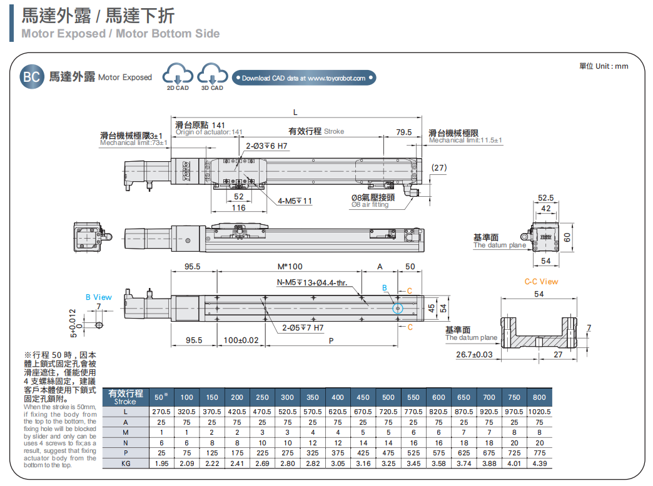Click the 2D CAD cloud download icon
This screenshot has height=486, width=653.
(177, 76)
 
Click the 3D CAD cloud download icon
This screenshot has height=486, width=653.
(212, 76)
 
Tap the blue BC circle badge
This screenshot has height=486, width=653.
(31, 77)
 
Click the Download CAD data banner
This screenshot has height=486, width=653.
(305, 78)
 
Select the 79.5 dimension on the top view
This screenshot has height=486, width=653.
(404, 132)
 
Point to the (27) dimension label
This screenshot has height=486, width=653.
(440, 167)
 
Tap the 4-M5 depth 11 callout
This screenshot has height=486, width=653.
(295, 201)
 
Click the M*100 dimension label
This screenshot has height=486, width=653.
(290, 267)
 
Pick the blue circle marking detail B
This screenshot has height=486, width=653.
(398, 308)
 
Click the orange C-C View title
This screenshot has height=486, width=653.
(541, 282)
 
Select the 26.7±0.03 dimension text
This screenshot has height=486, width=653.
(474, 354)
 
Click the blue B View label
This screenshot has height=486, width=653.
(99, 297)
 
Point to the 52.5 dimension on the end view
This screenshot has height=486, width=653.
(546, 198)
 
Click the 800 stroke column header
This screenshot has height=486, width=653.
(539, 397)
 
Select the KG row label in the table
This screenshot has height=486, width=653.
(126, 463)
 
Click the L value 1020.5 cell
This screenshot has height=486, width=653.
(539, 412)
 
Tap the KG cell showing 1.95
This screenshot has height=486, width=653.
(161, 463)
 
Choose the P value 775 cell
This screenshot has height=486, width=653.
(539, 452)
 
